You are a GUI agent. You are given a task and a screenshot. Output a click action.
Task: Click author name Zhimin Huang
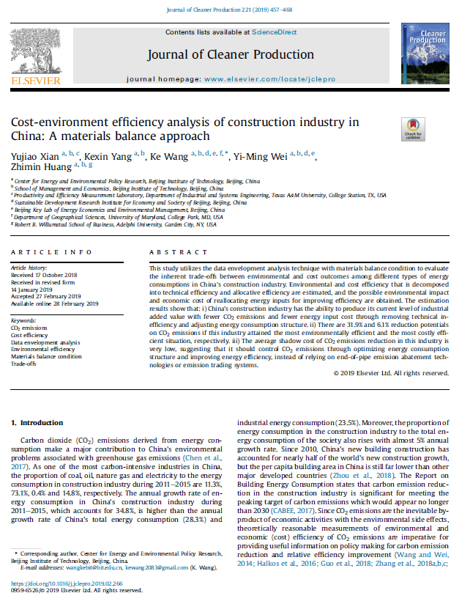[35, 168]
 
